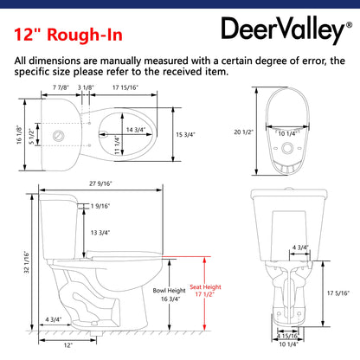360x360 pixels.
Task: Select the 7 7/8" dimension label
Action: pos(61,87)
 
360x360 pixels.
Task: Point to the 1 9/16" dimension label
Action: pos(100,206)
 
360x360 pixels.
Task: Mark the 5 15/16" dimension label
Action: pos(286,337)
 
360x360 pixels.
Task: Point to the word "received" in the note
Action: pos(182,71)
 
